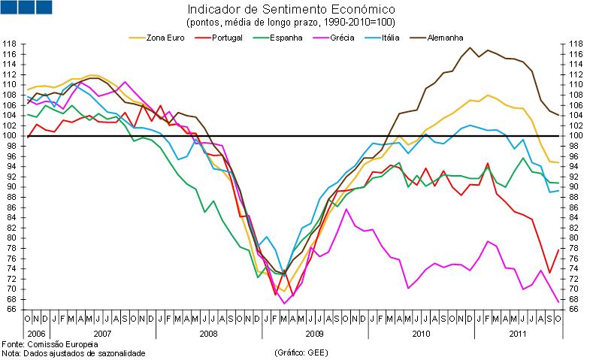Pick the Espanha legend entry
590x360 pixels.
tap(285, 36)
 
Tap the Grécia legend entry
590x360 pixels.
tap(343, 36)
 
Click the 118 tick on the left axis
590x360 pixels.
tap(11, 44)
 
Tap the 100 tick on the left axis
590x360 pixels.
tap(11, 135)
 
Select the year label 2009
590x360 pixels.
tap(315, 331)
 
